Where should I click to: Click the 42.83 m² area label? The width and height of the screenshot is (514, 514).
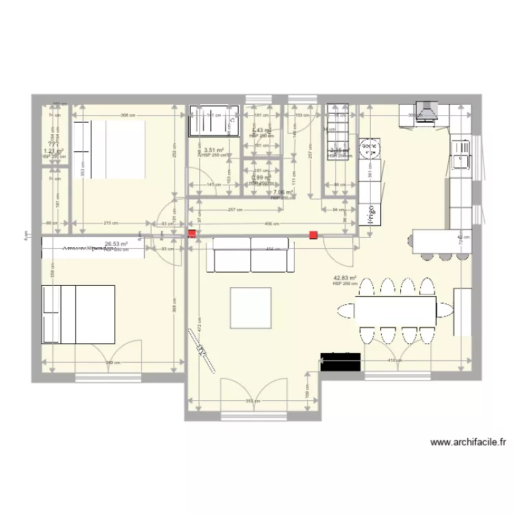point(345,278)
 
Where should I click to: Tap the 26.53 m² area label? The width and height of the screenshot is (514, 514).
point(117,243)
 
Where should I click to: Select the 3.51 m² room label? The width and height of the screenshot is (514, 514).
point(215,149)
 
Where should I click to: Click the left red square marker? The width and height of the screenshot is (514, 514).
point(191,234)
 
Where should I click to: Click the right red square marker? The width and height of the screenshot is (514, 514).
point(313,235)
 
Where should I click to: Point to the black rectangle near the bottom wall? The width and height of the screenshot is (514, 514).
point(341,363)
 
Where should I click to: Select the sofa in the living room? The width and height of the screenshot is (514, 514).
point(252,255)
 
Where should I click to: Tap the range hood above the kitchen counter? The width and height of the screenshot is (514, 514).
point(428,111)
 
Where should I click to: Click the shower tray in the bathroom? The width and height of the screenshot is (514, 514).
point(215,121)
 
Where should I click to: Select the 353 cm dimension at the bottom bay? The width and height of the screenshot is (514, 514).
point(252,400)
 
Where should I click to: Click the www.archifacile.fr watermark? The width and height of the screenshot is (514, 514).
point(468,443)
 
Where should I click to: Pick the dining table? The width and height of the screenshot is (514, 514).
point(396,309)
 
